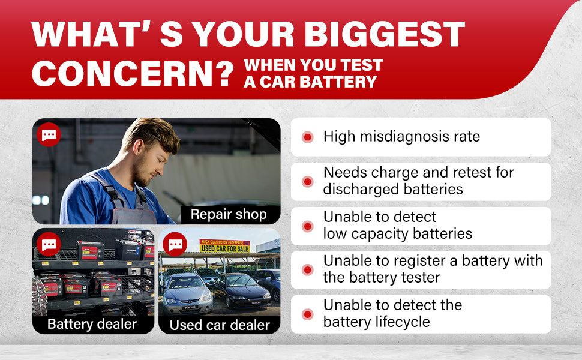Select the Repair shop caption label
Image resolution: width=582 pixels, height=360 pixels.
pyautogui.click(x=229, y=215)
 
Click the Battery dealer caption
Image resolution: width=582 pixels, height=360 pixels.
pyautogui.click(x=92, y=324)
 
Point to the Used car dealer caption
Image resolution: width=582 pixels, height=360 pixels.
pyautogui.click(x=220, y=325)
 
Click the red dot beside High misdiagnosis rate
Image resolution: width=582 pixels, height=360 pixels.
pyautogui.click(x=307, y=137)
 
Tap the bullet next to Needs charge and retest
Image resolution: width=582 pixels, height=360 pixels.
pyautogui.click(x=307, y=181)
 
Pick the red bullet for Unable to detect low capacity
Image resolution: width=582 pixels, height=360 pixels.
pyautogui.click(x=307, y=226)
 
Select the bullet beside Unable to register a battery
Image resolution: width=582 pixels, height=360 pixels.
pyautogui.click(x=307, y=270)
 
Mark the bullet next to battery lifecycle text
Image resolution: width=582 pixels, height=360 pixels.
pyautogui.click(x=307, y=314)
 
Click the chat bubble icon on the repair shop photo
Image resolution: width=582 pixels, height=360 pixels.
pyautogui.click(x=49, y=135)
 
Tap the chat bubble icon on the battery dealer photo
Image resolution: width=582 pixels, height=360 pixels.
pyautogui.click(x=49, y=244)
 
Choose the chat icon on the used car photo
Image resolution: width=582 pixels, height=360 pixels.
pyautogui.click(x=175, y=244)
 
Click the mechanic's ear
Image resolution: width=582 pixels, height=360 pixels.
pyautogui.click(x=139, y=146)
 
